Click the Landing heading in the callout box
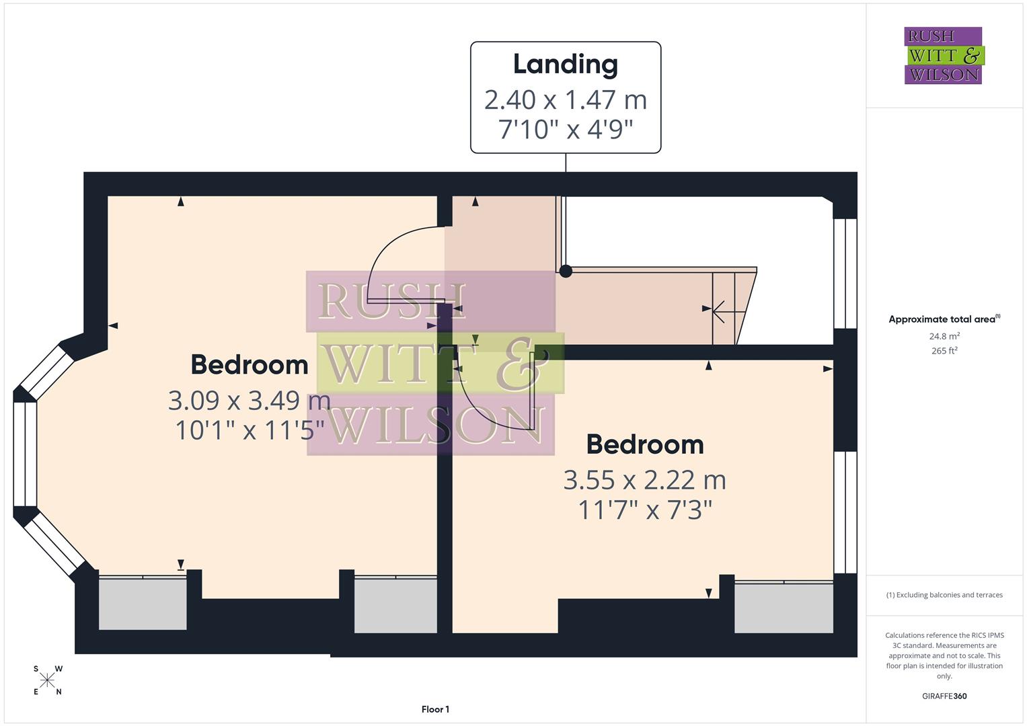565,65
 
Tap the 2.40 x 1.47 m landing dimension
565,100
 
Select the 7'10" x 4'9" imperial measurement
565,129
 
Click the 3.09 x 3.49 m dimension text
249,401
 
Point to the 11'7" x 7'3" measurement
644,510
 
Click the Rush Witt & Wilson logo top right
943,56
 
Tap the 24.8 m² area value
944,336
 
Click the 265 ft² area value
944,351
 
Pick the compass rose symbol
47,680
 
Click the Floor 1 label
435,709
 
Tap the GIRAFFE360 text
944,696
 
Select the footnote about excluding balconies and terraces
944,595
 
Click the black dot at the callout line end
566,271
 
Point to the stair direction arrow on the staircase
718,311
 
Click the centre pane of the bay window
25,454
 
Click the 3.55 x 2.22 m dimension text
644,481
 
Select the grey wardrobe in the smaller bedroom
783,608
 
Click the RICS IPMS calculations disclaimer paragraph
944,655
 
